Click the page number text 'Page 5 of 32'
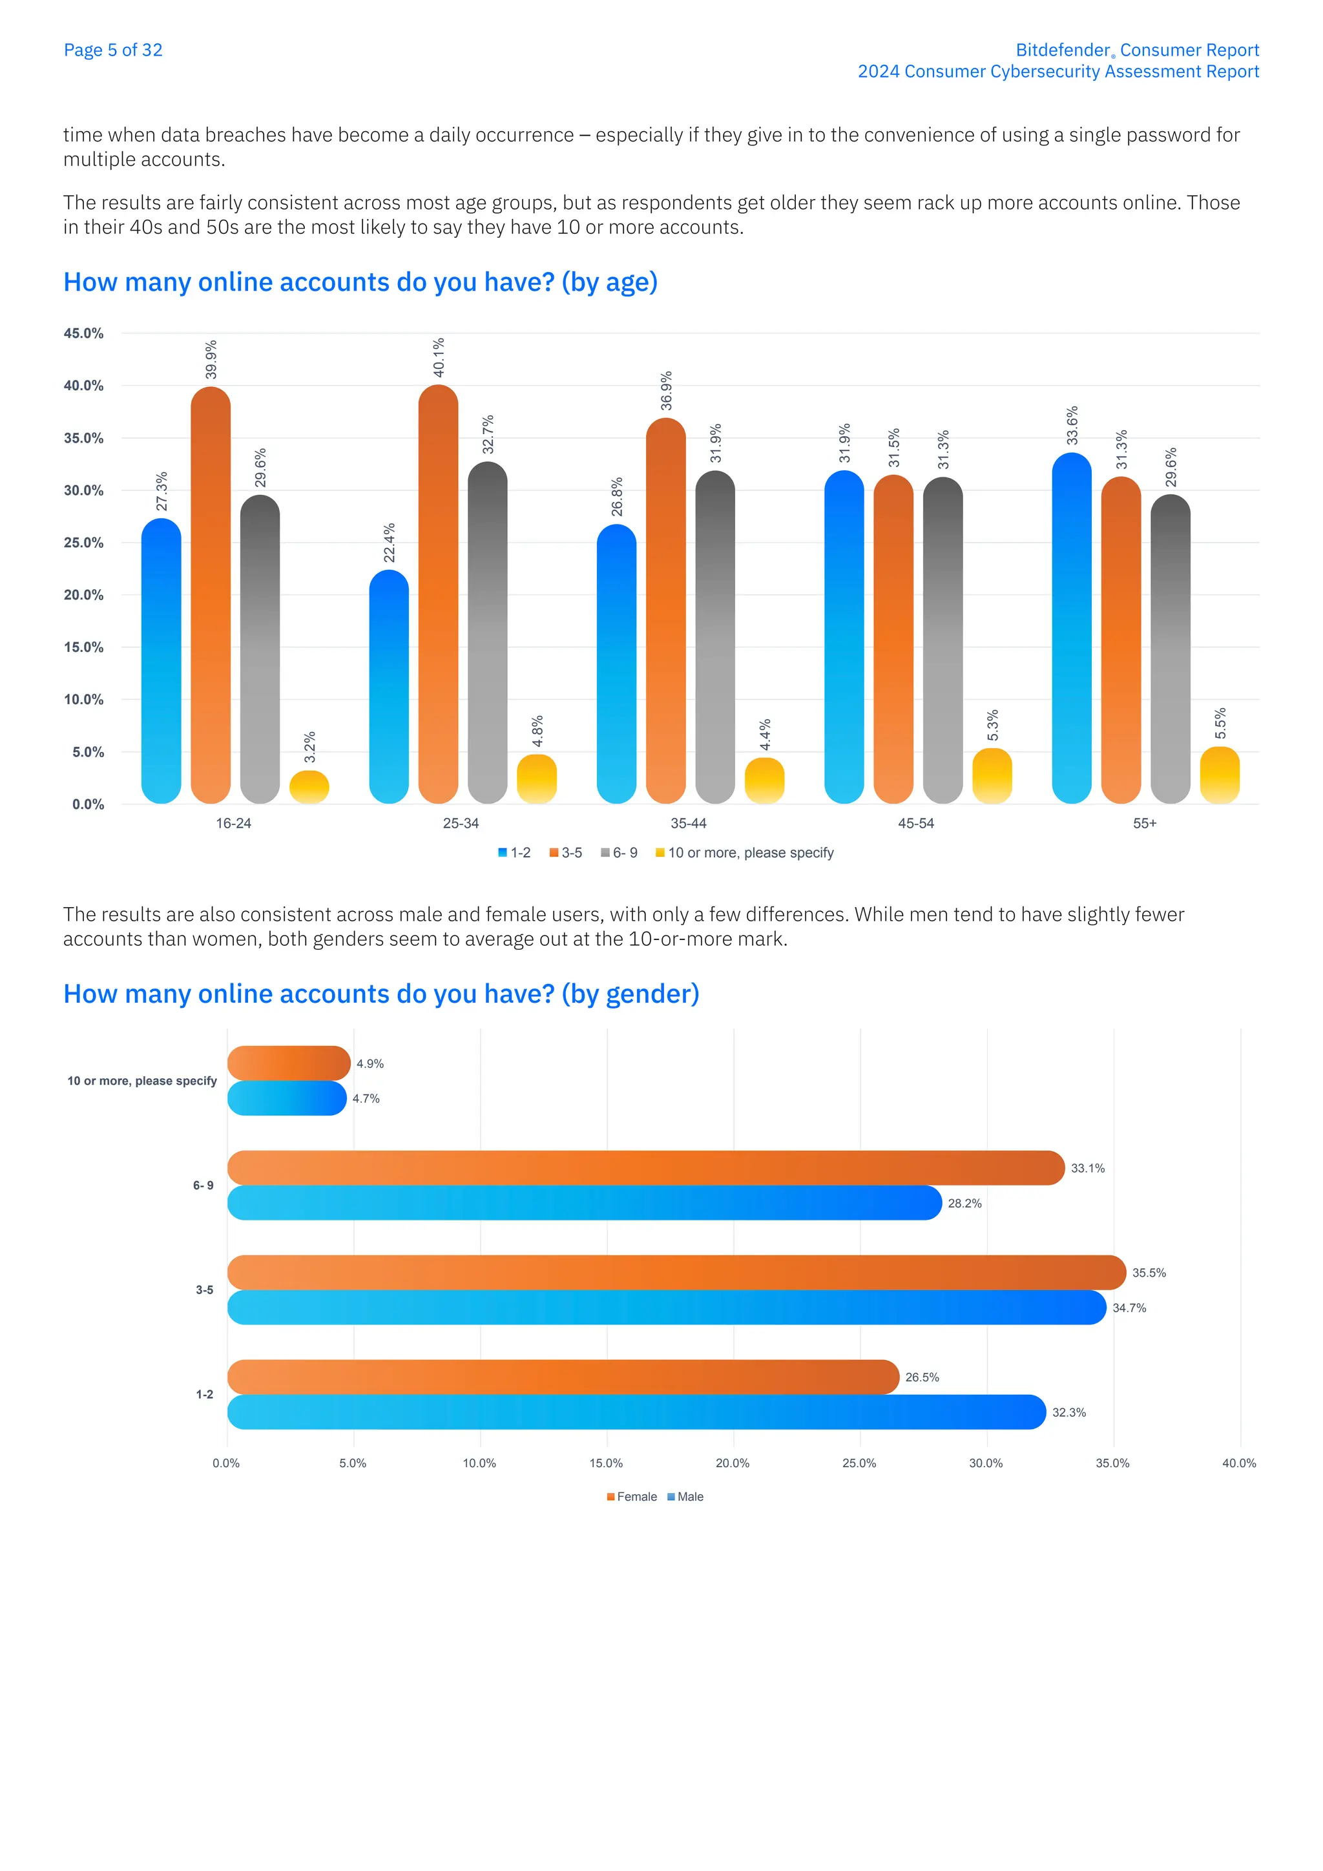coord(112,50)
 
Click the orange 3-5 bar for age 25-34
coord(438,595)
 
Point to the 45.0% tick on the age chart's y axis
coord(84,333)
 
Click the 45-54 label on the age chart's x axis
coord(915,824)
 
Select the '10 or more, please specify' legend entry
coord(749,853)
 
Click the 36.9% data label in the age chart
coord(667,391)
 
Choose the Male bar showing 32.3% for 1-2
coord(636,1412)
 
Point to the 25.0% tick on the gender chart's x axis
coord(859,1463)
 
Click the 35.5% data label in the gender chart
coord(1149,1273)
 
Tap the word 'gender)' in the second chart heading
coord(652,994)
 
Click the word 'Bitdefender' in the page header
coord(1062,50)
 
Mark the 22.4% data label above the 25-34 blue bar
coord(390,543)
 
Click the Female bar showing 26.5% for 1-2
coord(563,1377)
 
